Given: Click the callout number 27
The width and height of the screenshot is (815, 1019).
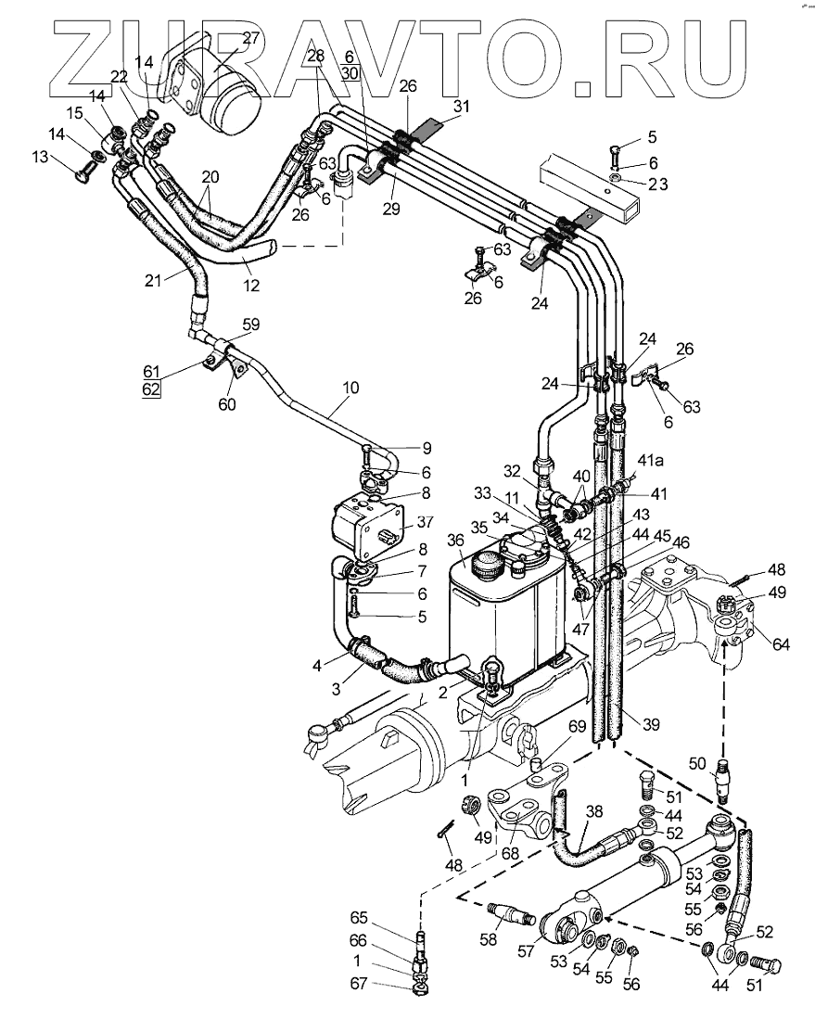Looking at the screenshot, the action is point(251,38).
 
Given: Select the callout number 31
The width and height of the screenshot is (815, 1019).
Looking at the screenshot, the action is point(462,106).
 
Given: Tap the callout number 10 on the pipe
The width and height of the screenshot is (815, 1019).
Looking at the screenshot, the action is point(350,388).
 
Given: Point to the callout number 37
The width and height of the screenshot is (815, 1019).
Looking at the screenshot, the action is point(425,523).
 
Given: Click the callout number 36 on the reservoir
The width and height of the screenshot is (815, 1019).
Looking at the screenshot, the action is point(455,541).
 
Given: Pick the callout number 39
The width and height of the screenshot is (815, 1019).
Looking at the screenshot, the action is point(651,724).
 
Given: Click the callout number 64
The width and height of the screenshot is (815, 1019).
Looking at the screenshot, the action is point(781,644).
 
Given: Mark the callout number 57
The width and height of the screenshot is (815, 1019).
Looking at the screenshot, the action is point(525,951).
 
